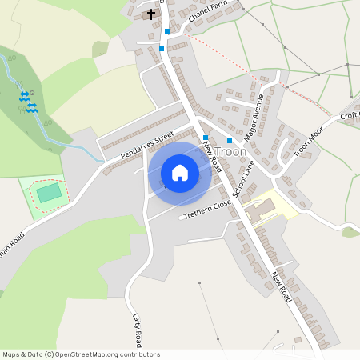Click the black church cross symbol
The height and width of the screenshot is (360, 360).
(151, 14)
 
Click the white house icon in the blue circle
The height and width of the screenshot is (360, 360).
(180, 173)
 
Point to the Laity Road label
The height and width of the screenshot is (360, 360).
(137, 328)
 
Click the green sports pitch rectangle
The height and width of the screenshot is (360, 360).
(49, 193)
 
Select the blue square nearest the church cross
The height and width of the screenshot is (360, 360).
(166, 31)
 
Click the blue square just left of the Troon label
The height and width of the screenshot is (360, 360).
(206, 138)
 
